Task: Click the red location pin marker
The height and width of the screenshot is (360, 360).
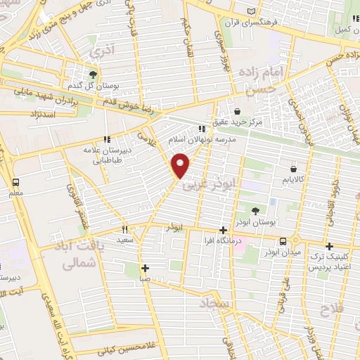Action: [181, 165]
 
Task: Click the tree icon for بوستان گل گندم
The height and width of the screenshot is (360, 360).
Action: [93, 74]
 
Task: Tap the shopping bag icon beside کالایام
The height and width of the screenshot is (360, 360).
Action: [294, 169]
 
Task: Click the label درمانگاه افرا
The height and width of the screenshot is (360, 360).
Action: [223, 241]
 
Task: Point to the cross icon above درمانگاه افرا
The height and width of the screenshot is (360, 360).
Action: [223, 230]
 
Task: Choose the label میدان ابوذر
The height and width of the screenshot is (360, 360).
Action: [284, 250]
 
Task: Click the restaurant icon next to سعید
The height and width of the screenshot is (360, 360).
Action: [124, 229]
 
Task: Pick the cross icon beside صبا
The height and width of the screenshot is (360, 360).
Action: [145, 267]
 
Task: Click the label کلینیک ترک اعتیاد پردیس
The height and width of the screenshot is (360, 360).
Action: [328, 262]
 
